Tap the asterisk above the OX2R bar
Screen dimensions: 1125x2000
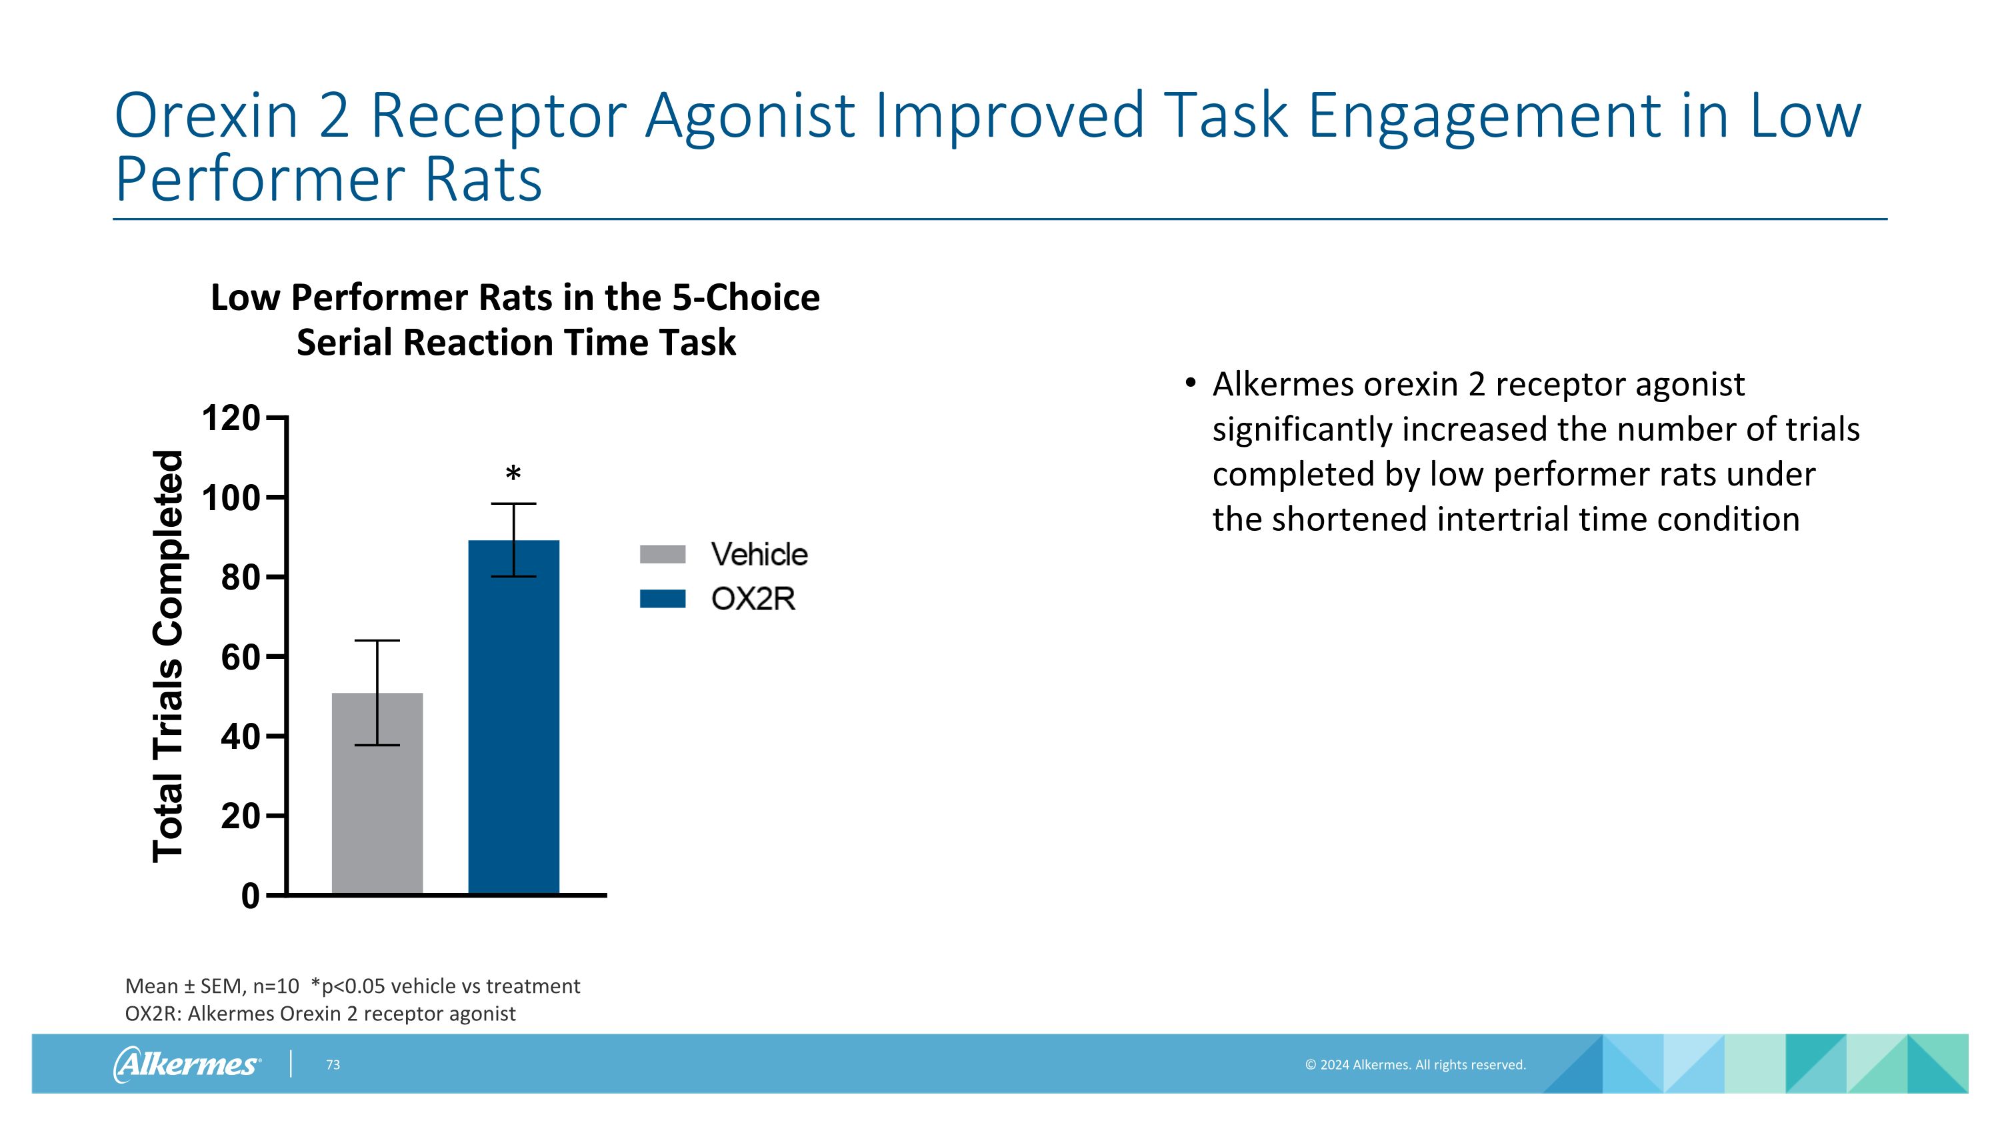(x=513, y=473)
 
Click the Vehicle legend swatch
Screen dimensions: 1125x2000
(x=662, y=554)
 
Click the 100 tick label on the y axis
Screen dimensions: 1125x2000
(x=231, y=497)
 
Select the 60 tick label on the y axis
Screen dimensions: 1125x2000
(x=240, y=657)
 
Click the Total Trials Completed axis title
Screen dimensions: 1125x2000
(x=168, y=656)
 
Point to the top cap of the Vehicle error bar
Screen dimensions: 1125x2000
(x=377, y=641)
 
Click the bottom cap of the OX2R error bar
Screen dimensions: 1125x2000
(x=513, y=577)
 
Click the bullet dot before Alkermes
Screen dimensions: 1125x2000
(x=1190, y=383)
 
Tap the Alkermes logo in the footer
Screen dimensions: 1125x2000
(x=187, y=1064)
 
